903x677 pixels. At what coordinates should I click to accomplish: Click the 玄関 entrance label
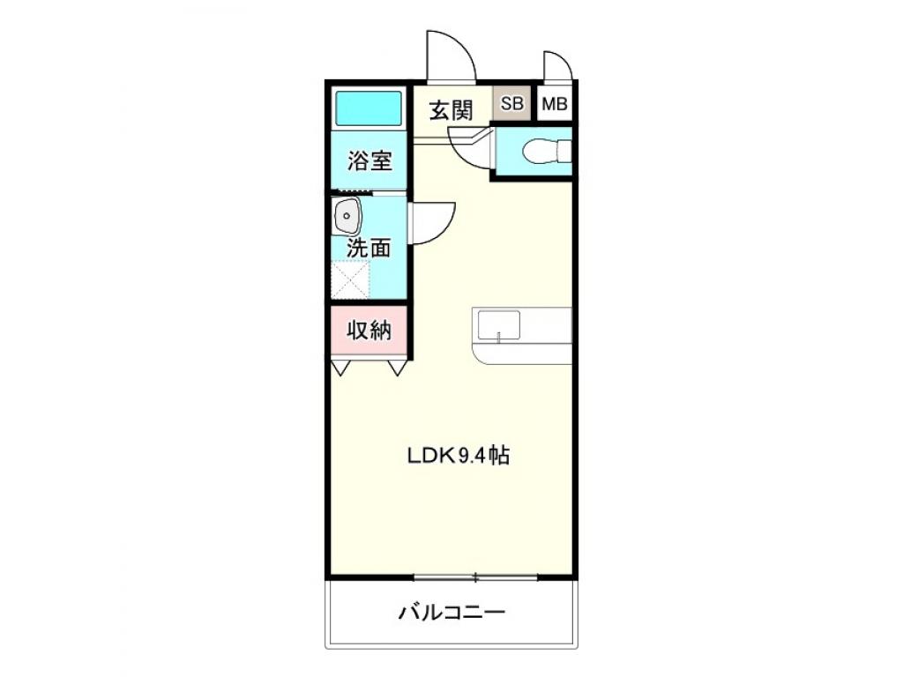tap(451, 110)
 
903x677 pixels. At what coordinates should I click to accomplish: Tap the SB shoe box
tap(511, 104)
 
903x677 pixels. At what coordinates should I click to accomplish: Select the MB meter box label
tap(555, 104)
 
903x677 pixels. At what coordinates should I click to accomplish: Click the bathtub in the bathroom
tap(369, 108)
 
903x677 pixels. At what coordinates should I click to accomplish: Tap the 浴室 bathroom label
tap(369, 161)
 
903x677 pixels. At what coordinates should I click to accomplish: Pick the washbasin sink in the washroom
tap(347, 216)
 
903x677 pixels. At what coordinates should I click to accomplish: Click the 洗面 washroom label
tap(369, 249)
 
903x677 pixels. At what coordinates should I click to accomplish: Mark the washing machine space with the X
tap(350, 280)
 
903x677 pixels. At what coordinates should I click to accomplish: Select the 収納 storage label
tap(369, 331)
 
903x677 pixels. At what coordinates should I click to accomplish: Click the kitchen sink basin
tap(498, 326)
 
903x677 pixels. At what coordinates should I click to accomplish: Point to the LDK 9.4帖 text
tap(458, 456)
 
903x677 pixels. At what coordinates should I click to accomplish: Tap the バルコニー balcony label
tap(451, 612)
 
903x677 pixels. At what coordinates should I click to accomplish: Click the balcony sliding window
tap(475, 577)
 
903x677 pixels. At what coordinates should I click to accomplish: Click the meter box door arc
tap(557, 66)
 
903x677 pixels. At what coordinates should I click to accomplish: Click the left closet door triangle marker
tap(341, 367)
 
